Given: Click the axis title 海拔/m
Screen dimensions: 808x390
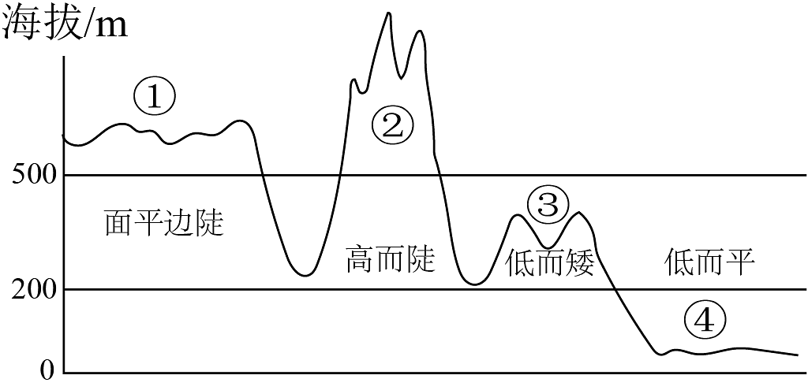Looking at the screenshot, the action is (x=65, y=24).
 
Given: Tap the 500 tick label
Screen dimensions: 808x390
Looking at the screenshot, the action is (x=33, y=176).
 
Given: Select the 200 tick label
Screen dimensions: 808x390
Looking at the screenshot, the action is (x=33, y=291).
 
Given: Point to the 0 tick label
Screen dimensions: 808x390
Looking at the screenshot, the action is (x=47, y=371).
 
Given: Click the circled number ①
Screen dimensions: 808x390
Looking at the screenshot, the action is (x=155, y=98).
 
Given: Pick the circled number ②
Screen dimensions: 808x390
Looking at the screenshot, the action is (x=393, y=127).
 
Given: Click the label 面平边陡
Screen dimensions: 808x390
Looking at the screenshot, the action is (x=165, y=222).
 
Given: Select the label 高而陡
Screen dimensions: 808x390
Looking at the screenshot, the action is (x=391, y=258).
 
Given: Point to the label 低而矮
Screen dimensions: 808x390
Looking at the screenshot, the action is (x=550, y=263).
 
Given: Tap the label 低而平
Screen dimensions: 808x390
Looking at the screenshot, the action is (x=710, y=263).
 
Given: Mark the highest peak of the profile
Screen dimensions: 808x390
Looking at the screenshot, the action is (x=388, y=13).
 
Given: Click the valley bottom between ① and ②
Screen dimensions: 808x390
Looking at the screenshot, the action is (x=305, y=275).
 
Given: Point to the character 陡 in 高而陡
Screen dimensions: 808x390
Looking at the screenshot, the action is (x=421, y=258).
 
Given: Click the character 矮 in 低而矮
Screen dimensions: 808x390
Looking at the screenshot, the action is (x=580, y=263).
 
